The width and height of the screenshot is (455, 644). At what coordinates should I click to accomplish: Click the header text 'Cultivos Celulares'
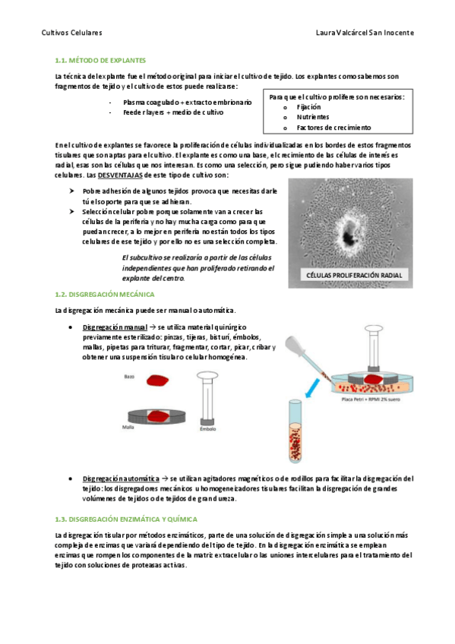72,33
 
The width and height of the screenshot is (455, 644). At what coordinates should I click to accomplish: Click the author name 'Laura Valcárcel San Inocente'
365,33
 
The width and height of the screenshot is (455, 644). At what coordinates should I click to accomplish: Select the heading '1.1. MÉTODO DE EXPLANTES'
100,61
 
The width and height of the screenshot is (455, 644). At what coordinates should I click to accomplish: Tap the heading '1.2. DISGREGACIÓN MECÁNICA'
105,295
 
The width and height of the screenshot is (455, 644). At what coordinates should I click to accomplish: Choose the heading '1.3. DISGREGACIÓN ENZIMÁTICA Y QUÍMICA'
126,519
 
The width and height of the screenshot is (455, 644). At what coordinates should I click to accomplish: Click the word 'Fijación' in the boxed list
309,107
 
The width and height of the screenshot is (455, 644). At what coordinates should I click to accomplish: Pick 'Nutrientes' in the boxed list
313,117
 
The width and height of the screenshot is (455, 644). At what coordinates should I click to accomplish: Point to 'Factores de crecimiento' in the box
334,128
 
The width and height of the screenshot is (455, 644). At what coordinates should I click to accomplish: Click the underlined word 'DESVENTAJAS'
120,175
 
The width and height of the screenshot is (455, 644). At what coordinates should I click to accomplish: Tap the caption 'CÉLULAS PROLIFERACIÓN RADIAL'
355,275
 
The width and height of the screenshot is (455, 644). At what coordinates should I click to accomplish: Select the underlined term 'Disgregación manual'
115,327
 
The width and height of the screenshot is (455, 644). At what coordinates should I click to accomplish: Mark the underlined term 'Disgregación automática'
121,478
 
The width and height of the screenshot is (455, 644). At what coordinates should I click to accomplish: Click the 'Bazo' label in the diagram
129,377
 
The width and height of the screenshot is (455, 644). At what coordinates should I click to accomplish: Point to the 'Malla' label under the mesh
128,427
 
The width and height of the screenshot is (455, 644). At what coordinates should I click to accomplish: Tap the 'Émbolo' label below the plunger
208,429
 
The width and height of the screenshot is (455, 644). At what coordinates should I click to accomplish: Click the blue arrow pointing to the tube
312,388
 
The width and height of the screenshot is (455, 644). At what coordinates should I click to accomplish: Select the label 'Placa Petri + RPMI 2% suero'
371,399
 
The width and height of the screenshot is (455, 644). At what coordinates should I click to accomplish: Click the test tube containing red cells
295,431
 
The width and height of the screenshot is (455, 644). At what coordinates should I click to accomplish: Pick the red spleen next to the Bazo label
158,380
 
